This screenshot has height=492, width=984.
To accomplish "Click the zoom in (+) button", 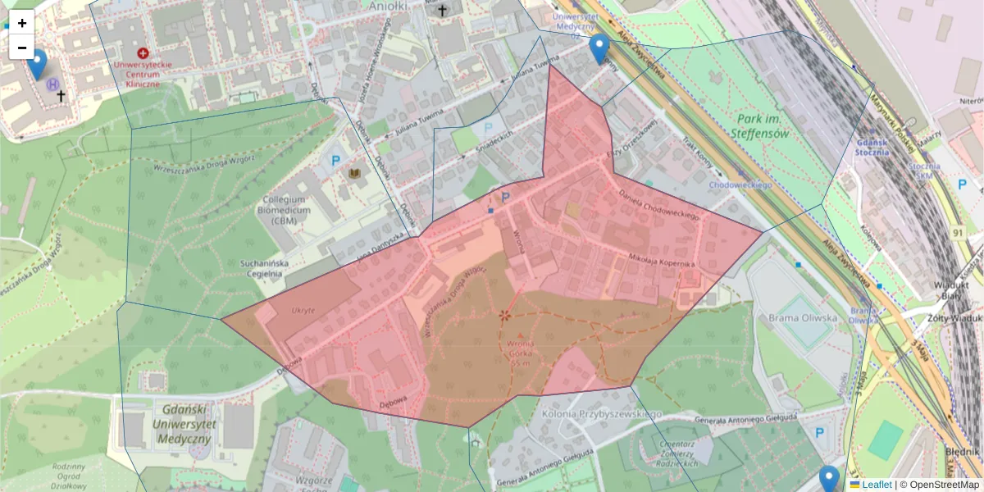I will coord(22,23).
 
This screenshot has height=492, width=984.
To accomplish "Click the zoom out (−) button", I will coord(22,48).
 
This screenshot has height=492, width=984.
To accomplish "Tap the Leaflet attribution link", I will coord(877,485).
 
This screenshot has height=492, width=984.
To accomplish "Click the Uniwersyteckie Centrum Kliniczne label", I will coord(143,74).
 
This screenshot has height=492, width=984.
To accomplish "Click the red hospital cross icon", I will coord(143,52).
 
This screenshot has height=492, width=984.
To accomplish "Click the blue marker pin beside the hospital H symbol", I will coord(37,63).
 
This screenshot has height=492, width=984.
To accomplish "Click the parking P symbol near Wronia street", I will coord(505,197).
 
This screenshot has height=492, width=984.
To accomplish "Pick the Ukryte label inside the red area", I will coord(303,311).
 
